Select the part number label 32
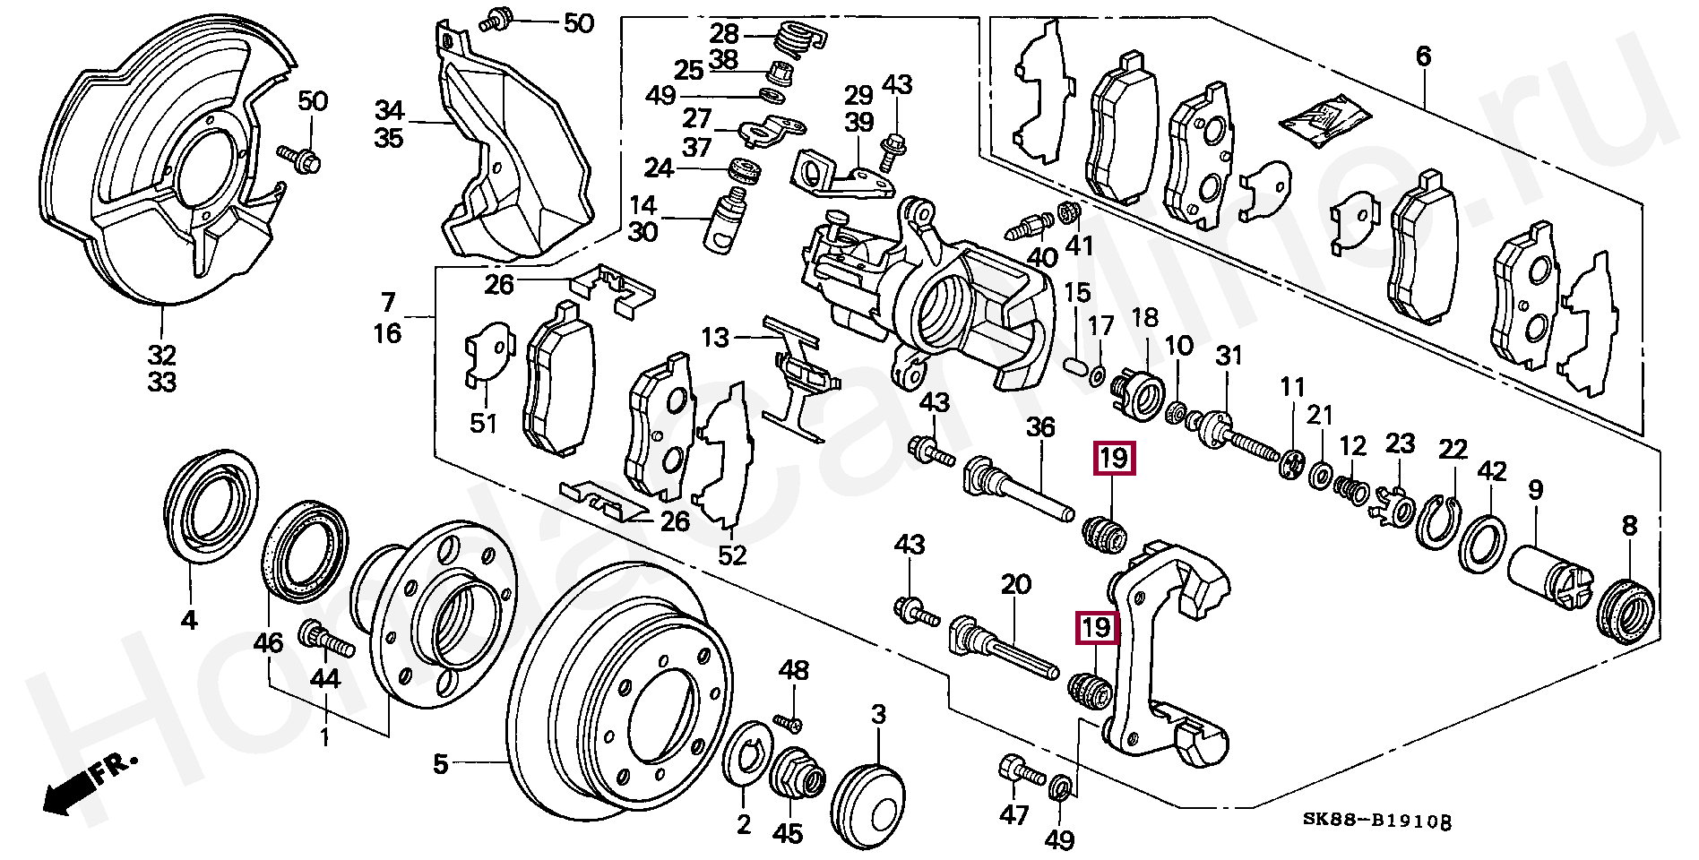162,353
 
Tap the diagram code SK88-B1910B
1376,821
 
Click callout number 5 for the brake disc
439,764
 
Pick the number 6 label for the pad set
1423,56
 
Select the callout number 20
1015,585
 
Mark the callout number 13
716,338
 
